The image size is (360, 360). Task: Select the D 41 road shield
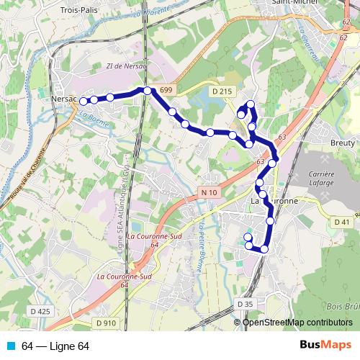(x=343, y=222)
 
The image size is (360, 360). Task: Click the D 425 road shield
(x=42, y=311)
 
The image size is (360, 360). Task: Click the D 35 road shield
(x=245, y=305)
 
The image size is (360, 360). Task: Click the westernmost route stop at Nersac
(x=83, y=102)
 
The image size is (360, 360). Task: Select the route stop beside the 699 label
(x=148, y=91)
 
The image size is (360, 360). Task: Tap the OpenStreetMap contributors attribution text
(x=297, y=322)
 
